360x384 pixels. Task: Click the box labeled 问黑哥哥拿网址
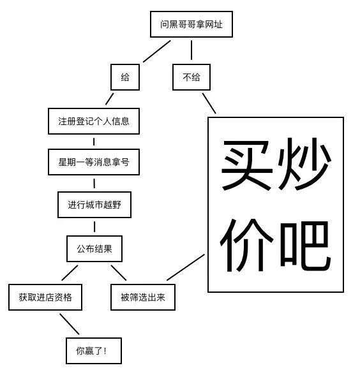click(x=191, y=24)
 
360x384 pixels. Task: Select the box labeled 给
click(x=125, y=77)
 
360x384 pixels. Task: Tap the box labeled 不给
click(x=191, y=77)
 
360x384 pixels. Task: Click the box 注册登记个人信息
click(x=94, y=121)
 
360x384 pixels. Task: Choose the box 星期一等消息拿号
click(x=94, y=162)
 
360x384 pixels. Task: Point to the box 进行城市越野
click(x=94, y=205)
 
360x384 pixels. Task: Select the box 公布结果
click(x=94, y=249)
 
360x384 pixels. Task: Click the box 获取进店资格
click(x=45, y=297)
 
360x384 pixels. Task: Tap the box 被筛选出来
click(x=143, y=297)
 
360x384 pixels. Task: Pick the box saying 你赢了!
click(x=94, y=351)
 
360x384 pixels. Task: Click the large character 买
click(x=247, y=165)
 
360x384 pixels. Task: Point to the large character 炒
click(x=304, y=163)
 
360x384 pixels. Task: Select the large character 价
click(x=246, y=246)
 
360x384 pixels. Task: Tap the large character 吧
click(x=305, y=245)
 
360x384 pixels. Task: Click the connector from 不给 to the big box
click(x=209, y=103)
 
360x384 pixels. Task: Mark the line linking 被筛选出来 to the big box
click(x=186, y=267)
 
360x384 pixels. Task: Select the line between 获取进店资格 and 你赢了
click(x=70, y=324)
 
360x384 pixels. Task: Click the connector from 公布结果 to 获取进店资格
click(x=70, y=273)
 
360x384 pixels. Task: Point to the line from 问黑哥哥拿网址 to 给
click(x=156, y=51)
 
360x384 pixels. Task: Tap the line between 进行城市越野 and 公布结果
click(x=94, y=227)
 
